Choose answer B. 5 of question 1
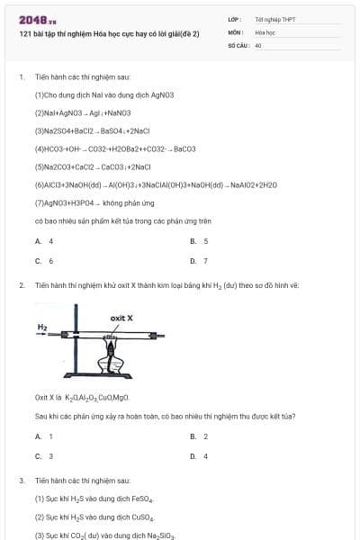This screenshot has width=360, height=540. tap(200, 241)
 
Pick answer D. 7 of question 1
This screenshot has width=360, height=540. tap(200, 261)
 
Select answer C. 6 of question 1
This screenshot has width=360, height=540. tap(44, 261)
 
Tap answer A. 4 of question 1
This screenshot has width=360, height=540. tap(44, 241)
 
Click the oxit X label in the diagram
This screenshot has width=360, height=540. tap(121, 318)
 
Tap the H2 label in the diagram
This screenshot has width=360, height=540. tap(42, 326)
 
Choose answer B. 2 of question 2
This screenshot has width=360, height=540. tap(200, 436)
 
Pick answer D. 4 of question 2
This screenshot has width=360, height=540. tap(200, 456)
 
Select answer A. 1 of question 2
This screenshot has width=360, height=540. tap(44, 436)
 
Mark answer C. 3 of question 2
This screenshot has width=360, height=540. tap(44, 456)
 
